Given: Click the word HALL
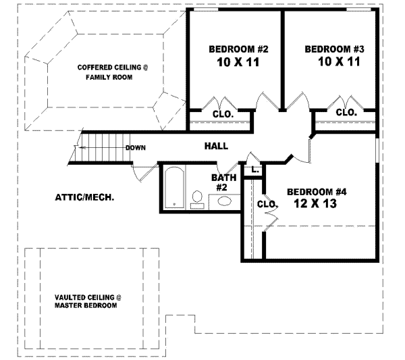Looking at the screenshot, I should coord(216,146).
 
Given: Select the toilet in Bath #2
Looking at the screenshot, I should coord(197,198).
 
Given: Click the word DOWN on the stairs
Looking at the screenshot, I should coord(136,147).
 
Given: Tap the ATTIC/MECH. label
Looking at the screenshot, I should coord(84,198).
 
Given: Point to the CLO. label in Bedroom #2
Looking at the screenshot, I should coord(223,114).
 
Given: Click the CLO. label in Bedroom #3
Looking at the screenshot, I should coord(346,112).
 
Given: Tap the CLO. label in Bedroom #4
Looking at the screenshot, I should coord(268,204).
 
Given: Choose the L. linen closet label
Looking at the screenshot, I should coord(255,170).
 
